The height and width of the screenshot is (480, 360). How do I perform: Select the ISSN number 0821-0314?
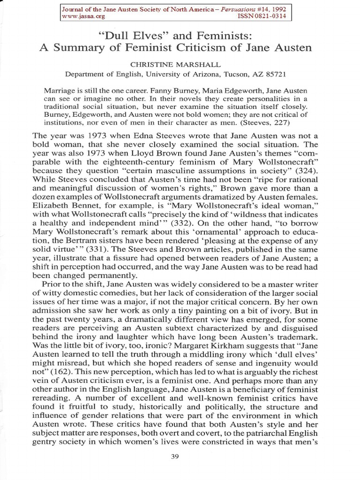(x=270, y=16)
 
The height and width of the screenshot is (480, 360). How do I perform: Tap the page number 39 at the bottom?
(x=180, y=457)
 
